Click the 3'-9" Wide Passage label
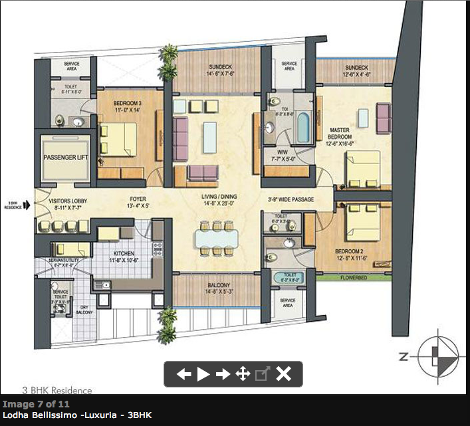point(291,199)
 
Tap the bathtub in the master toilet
point(303,128)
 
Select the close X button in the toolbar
point(284,373)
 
